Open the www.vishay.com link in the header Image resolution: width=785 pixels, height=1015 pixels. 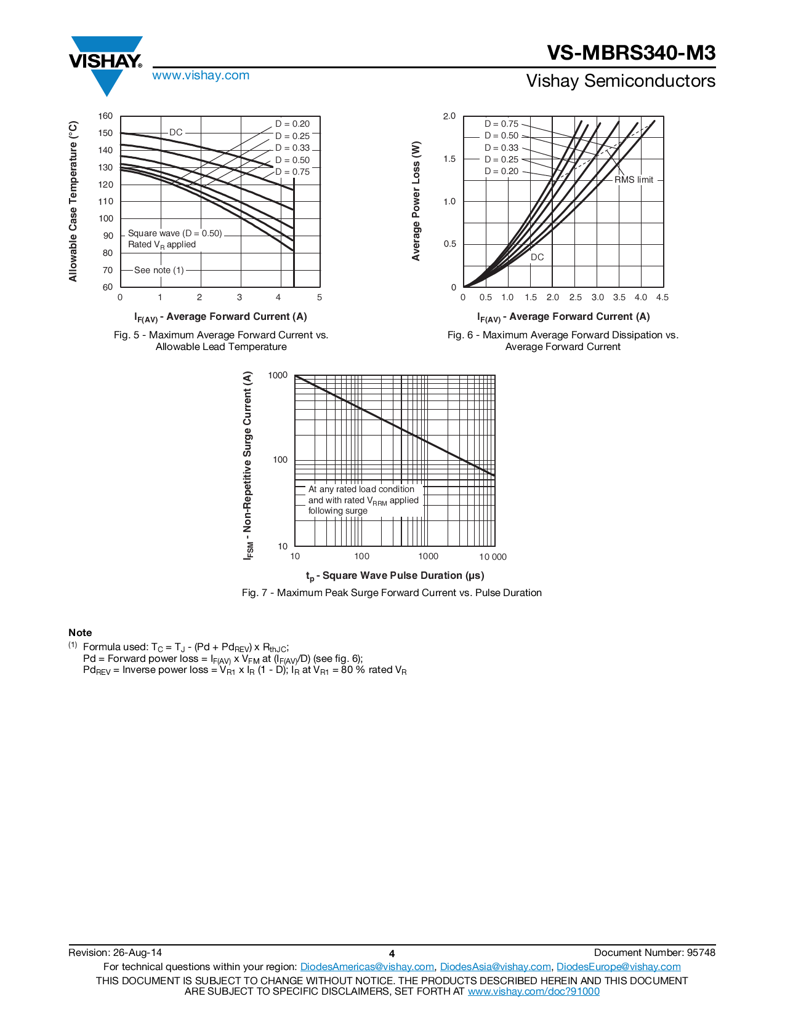pyautogui.click(x=201, y=76)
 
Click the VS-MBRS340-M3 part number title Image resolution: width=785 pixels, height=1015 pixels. pyautogui.click(x=631, y=54)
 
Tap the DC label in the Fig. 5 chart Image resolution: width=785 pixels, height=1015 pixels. pyautogui.click(x=175, y=132)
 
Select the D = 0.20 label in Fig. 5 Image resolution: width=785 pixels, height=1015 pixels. pyautogui.click(x=292, y=124)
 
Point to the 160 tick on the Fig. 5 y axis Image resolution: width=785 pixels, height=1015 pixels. pyautogui.click(x=106, y=116)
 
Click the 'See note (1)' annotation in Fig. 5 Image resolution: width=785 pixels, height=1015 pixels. pyautogui.click(x=159, y=270)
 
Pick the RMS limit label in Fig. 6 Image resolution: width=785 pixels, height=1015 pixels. pyautogui.click(x=634, y=180)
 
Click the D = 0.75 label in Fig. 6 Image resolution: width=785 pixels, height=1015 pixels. pyautogui.click(x=501, y=124)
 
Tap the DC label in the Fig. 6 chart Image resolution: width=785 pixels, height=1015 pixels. pyautogui.click(x=537, y=257)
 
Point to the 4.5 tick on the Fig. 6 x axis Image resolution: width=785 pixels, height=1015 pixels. pyautogui.click(x=662, y=298)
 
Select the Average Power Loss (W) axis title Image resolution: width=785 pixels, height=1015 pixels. pyautogui.click(x=416, y=201)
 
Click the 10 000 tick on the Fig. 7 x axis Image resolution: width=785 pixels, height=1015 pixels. pyautogui.click(x=493, y=557)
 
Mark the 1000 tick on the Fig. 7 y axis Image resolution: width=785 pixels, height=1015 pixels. pyautogui.click(x=278, y=375)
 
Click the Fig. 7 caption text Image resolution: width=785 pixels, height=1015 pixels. pyautogui.click(x=392, y=592)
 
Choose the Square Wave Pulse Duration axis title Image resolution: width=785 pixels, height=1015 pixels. pyautogui.click(x=395, y=576)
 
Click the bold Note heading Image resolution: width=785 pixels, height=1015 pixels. pyautogui.click(x=80, y=632)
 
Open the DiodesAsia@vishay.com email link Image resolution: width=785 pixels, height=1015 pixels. pyautogui.click(x=495, y=967)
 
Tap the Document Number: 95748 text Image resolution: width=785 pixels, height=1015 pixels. pyautogui.click(x=654, y=952)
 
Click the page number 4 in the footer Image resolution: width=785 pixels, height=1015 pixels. pyautogui.click(x=392, y=953)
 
